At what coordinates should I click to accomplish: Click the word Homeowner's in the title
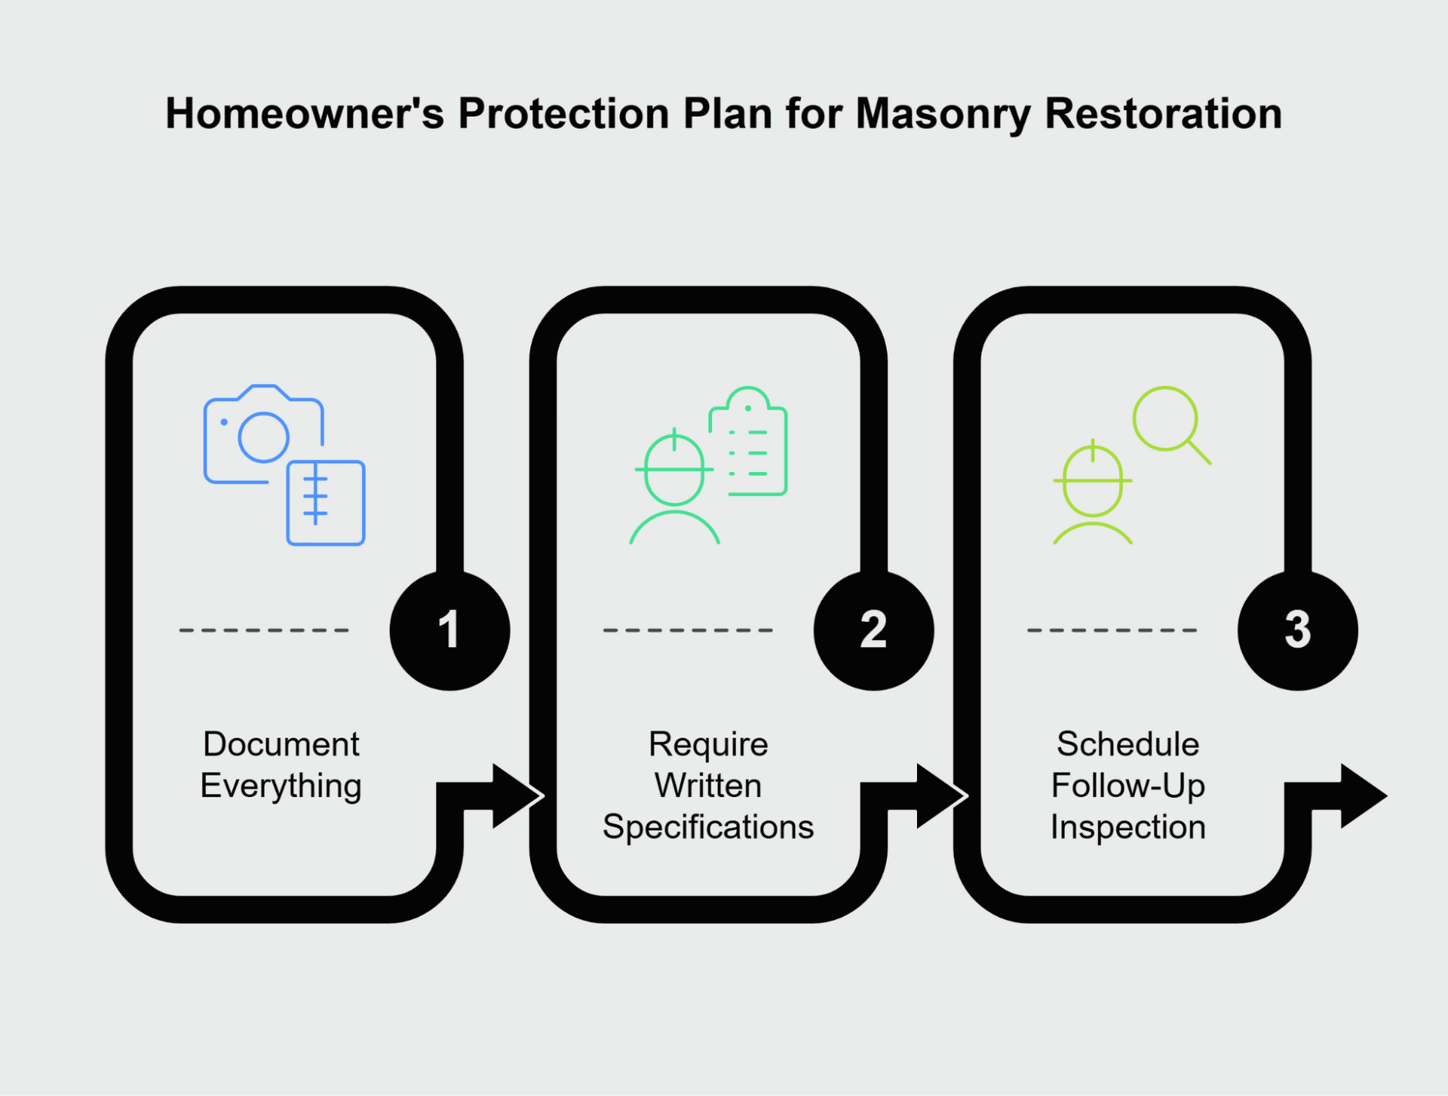click(305, 114)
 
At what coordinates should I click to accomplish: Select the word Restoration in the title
click(1163, 114)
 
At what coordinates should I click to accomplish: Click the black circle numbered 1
click(449, 630)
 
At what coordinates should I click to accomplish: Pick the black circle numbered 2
click(873, 630)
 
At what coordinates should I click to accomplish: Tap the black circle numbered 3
click(1297, 630)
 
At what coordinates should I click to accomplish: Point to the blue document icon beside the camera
click(326, 502)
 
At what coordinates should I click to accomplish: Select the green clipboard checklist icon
click(748, 441)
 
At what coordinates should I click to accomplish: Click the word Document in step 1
click(281, 744)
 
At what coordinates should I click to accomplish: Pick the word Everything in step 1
click(281, 786)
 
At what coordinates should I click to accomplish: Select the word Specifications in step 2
click(708, 828)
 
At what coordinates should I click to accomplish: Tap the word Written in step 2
click(708, 785)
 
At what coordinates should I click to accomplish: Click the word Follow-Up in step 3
click(1128, 786)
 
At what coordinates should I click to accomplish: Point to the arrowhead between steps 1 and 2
click(517, 796)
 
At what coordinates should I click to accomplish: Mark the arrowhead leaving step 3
click(1364, 796)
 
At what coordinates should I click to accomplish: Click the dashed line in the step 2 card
click(688, 630)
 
